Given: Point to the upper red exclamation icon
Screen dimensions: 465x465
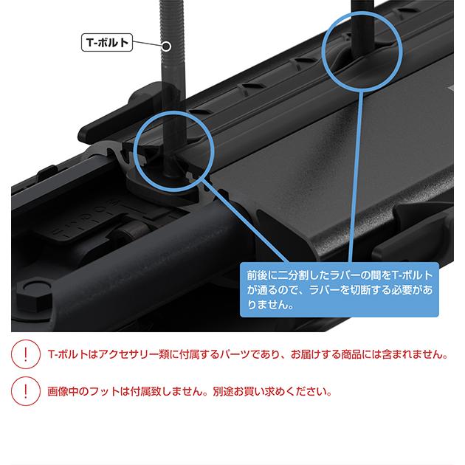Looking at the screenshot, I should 26,354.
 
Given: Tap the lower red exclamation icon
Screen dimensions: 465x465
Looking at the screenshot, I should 26,391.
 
